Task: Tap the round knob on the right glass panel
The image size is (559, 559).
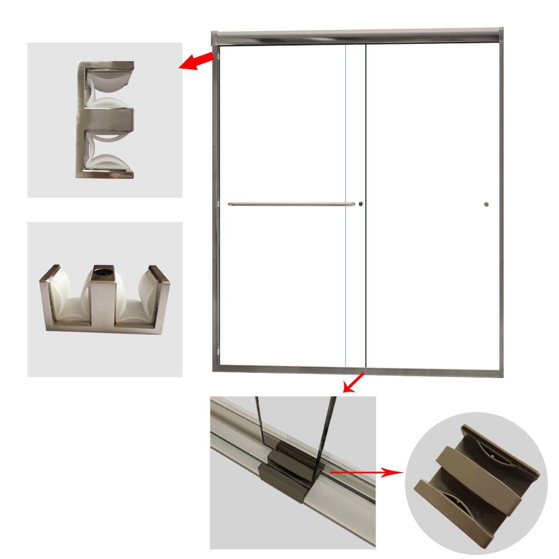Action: (x=486, y=205)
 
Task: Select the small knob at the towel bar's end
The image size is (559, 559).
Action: (x=360, y=204)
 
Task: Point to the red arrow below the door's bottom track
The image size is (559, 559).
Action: (x=354, y=382)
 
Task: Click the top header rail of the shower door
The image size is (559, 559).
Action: (x=356, y=36)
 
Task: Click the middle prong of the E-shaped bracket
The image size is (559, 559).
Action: (x=109, y=118)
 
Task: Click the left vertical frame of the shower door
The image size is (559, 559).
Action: (x=215, y=203)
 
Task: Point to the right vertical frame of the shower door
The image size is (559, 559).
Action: (x=500, y=203)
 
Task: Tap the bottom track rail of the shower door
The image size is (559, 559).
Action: (x=356, y=369)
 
